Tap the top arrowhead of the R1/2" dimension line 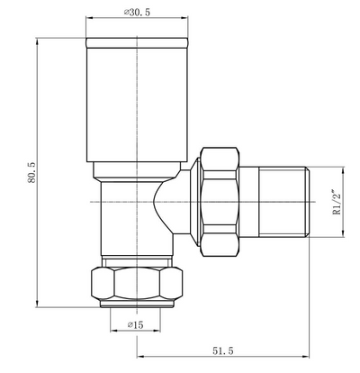point(347,169)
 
